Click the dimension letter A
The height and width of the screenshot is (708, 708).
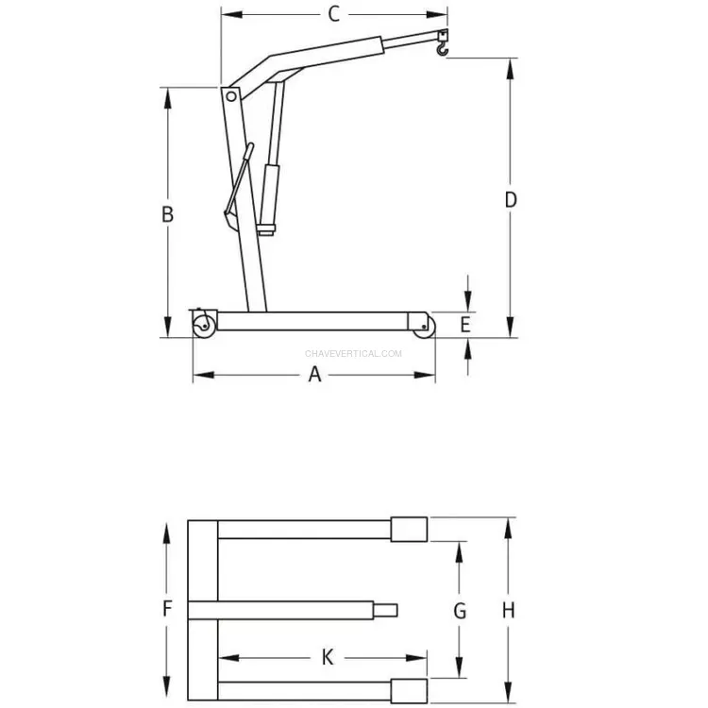coord(314,375)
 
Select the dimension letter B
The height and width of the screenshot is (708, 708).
coord(167,214)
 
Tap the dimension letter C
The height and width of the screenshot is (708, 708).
coord(333,14)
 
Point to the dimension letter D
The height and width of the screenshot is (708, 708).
coord(511,199)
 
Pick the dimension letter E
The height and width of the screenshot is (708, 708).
coord(465,325)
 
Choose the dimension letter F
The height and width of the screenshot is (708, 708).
coord(167,609)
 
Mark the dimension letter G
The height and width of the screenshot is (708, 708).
coord(460,611)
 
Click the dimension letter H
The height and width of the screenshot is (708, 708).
coord(509,611)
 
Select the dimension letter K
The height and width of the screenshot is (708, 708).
coord(328,657)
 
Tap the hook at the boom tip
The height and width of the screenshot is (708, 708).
coord(443,48)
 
